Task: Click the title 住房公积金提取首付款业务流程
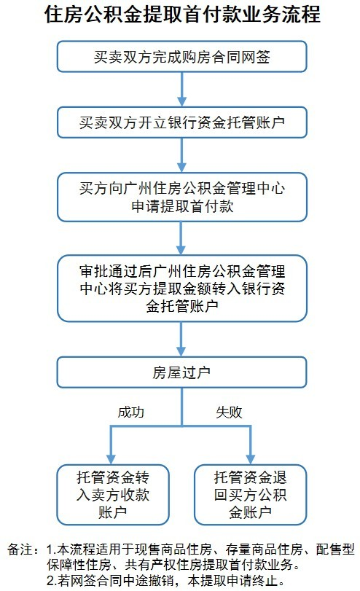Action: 181,15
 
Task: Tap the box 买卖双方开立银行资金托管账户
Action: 181,123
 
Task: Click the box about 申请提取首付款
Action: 181,197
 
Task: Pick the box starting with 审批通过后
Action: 181,286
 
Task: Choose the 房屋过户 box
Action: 181,372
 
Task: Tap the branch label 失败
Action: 229,412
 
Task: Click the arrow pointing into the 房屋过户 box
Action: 181,340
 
